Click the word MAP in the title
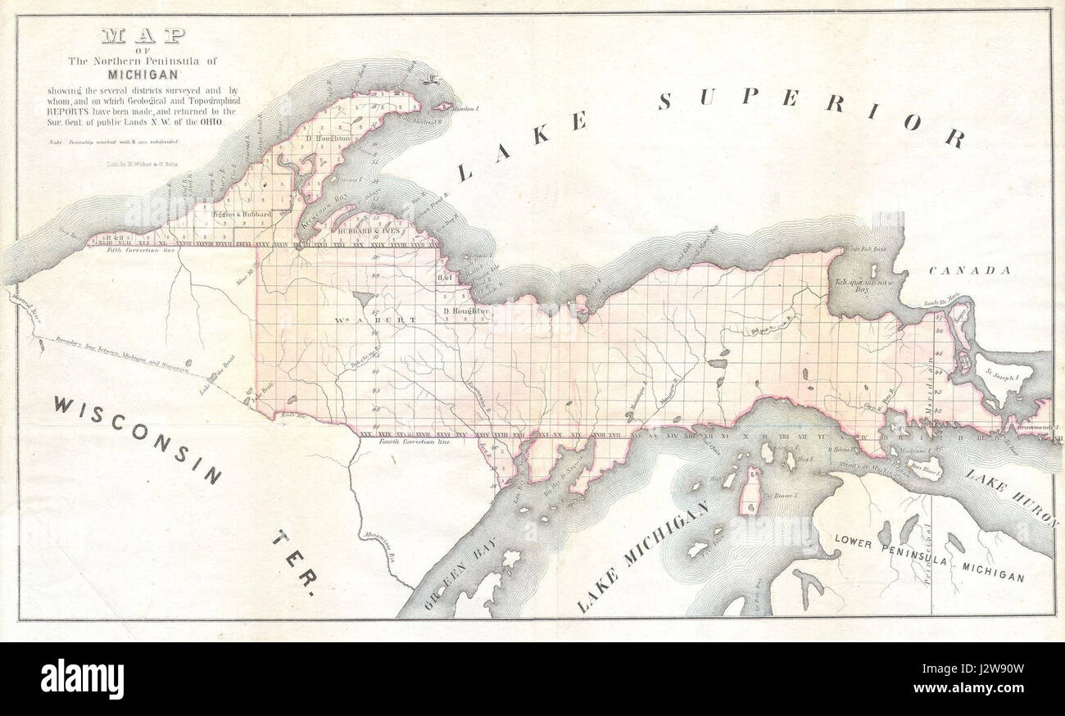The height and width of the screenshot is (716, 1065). coord(143,36)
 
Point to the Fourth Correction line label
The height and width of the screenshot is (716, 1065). coord(417,441)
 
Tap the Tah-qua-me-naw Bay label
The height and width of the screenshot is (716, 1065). coord(860,284)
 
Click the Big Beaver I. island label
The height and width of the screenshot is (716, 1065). coord(779,496)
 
